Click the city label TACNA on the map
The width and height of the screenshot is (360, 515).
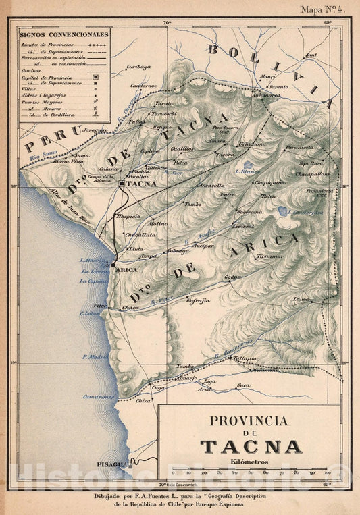[x=141, y=183]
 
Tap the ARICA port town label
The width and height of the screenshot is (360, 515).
[x=128, y=269]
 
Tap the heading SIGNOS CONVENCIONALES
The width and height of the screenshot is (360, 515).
[x=62, y=33]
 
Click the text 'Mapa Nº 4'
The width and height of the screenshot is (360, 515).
[x=323, y=9]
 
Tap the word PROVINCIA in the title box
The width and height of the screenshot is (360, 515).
[x=248, y=421]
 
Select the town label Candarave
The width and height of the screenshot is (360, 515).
[x=144, y=86]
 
